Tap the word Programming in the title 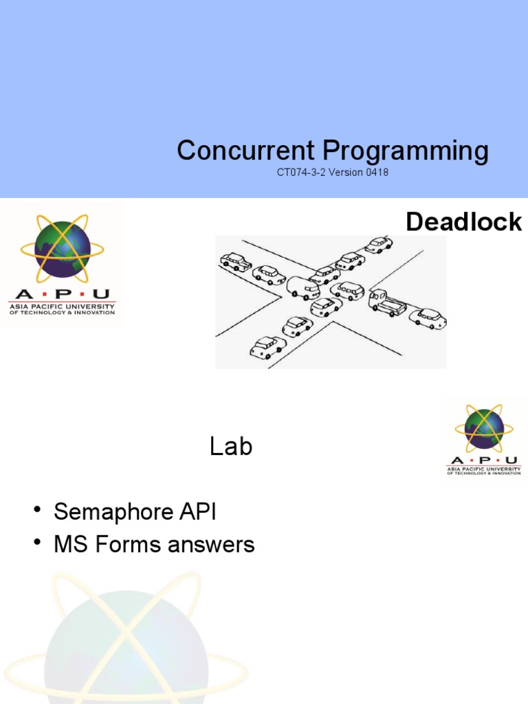[406, 150]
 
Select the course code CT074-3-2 [302, 173]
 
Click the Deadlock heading [463, 222]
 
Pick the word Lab [231, 447]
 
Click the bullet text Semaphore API [135, 511]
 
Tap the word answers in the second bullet [208, 545]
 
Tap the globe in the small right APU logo [484, 428]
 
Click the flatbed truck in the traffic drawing [387, 302]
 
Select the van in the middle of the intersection [303, 287]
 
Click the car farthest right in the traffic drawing [428, 318]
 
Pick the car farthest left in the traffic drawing [236, 262]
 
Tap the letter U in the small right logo [511, 461]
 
